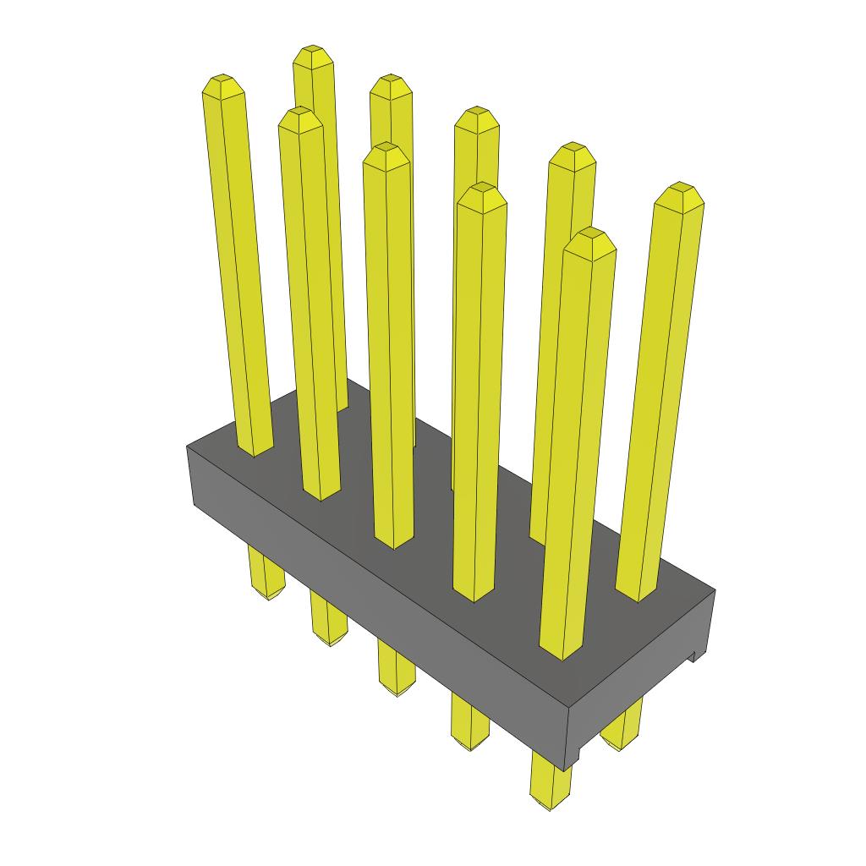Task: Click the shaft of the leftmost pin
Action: (239, 271)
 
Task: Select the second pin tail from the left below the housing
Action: (328, 622)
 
